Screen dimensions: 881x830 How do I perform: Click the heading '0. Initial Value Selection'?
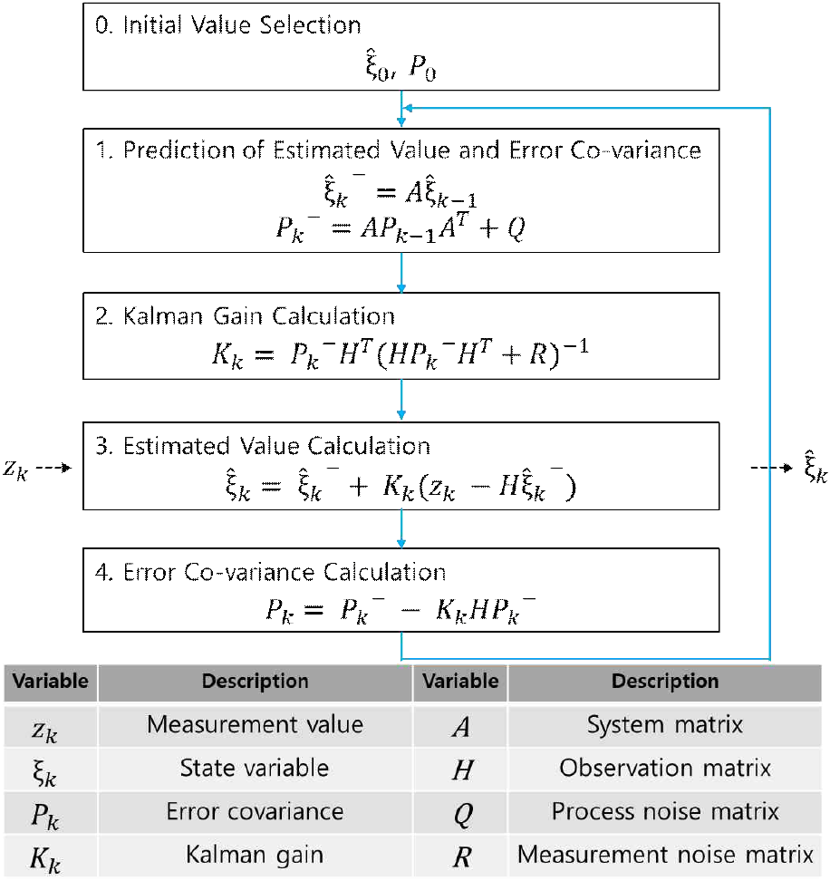pos(228,24)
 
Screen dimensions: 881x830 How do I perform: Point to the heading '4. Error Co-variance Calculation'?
pos(271,573)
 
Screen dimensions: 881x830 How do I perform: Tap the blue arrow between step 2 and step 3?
pos(401,400)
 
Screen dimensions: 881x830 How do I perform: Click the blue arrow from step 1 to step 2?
pos(401,272)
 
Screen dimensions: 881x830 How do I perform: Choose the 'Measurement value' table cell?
pos(255,725)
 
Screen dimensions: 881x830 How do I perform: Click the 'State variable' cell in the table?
pos(255,769)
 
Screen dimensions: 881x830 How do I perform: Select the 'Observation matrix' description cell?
pos(665,769)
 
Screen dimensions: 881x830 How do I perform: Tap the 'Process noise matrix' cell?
pos(665,811)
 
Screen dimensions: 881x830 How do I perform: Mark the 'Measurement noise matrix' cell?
pos(665,855)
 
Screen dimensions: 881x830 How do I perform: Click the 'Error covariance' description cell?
pos(255,811)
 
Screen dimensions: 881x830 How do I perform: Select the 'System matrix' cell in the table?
pos(665,725)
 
